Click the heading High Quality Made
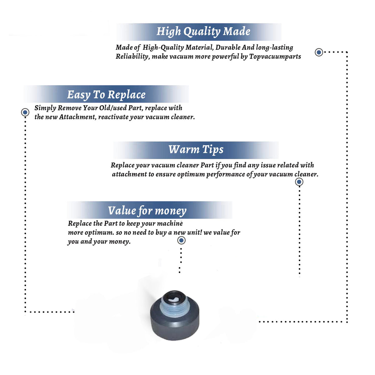[x=203, y=32]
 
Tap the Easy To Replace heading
[x=106, y=95]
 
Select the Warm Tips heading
[x=196, y=150]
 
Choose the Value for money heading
[x=147, y=211]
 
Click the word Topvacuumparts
[x=275, y=57]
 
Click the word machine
[x=170, y=224]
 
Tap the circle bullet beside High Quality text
[x=319, y=52]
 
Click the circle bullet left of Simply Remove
[x=25, y=112]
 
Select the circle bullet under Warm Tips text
[x=299, y=182]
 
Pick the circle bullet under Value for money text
[x=181, y=241]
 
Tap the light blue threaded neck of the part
[x=173, y=308]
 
